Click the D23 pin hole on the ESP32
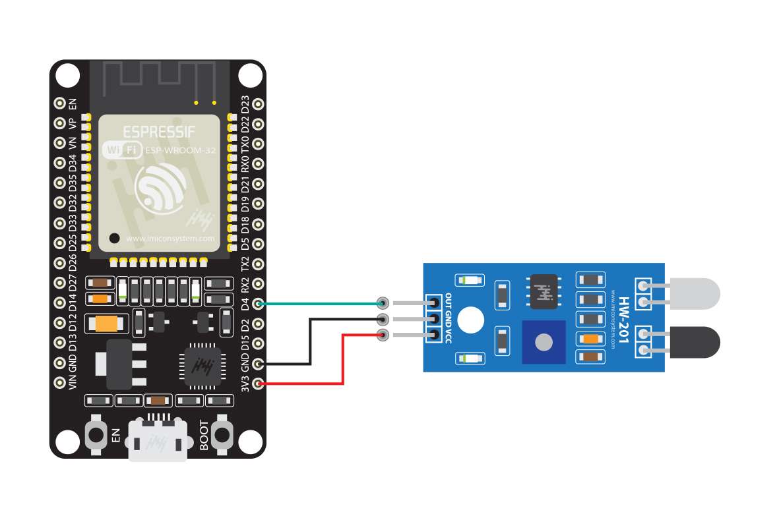pyautogui.click(x=258, y=104)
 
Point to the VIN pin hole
pyautogui.click(x=59, y=382)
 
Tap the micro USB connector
pyautogui.click(x=156, y=440)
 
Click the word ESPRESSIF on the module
pyautogui.click(x=159, y=132)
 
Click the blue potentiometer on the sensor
pyautogui.click(x=544, y=341)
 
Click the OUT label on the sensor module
pyautogui.click(x=449, y=300)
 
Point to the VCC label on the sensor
pyautogui.click(x=449, y=337)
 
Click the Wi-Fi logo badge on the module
pyautogui.click(x=122, y=150)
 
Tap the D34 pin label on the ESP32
pyautogui.click(x=73, y=163)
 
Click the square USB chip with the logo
pyautogui.click(x=201, y=364)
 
